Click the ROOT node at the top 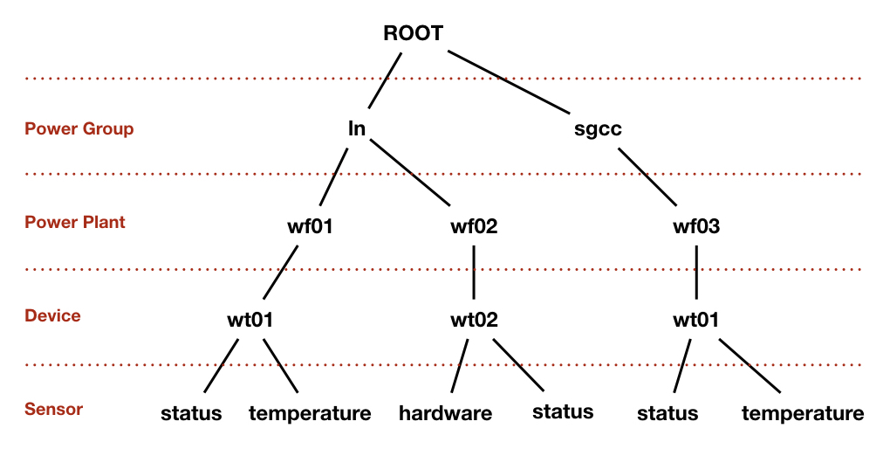413,33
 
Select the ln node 357,128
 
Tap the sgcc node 598,129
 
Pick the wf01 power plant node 310,226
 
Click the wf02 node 474,226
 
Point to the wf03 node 696,226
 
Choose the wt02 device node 474,320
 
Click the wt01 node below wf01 250,320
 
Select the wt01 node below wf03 696,320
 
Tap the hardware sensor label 446,413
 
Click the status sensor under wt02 563,411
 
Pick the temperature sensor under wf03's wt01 803,413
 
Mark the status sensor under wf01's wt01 191,413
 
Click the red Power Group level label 79,129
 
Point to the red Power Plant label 75,222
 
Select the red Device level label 52,315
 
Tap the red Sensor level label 54,409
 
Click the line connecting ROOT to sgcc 508,82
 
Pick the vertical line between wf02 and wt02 474,273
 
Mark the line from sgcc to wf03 647,176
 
